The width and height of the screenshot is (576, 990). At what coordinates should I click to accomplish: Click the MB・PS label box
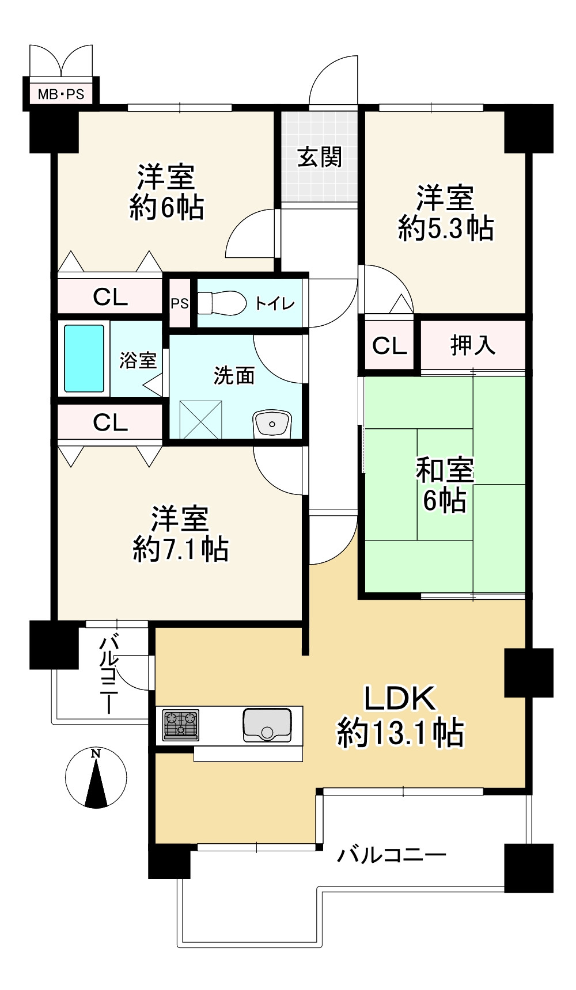pos(60,94)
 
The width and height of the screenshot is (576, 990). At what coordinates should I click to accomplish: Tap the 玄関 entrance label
pos(320,157)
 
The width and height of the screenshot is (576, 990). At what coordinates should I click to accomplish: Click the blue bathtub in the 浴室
pos(84,359)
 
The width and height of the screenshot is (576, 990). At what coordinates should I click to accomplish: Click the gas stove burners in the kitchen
pos(181,725)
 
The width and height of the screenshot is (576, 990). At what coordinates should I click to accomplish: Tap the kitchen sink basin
pos(267,725)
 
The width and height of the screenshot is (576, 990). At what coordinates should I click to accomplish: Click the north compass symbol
pos(96,778)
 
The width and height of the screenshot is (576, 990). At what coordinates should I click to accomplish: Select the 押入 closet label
pos(472,345)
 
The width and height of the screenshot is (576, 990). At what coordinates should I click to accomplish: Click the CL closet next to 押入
pos(389,345)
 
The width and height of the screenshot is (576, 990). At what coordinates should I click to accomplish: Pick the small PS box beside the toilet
pos(179,303)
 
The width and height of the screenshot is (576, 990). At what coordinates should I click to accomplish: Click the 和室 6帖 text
pos(444,485)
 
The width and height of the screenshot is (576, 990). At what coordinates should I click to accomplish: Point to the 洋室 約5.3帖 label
pos(445,213)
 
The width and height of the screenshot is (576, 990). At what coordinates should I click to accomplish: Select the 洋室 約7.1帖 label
pos(180,534)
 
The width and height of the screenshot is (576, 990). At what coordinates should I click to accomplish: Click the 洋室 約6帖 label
pos(166,192)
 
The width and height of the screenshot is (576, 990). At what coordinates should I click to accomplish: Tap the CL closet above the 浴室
pos(110,297)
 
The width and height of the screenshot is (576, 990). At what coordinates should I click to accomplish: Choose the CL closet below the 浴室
pos(110,422)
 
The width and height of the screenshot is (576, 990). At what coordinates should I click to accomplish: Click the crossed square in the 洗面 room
pos(201,421)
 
